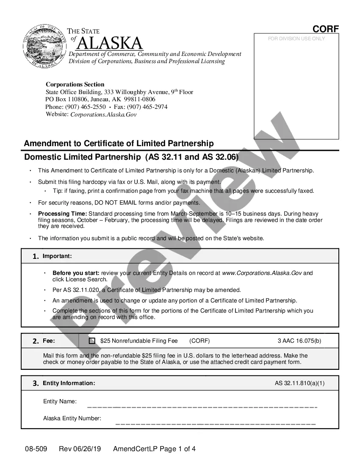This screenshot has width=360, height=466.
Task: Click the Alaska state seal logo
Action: tap(43, 46)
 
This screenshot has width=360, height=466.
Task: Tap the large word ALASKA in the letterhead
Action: tap(110, 43)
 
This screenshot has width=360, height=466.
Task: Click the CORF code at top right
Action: tap(326, 29)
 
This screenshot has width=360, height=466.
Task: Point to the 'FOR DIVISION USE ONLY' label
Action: tap(296, 39)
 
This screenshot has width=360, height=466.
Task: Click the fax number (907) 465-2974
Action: tap(147, 107)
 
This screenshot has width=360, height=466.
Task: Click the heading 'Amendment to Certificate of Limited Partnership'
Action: tap(119, 143)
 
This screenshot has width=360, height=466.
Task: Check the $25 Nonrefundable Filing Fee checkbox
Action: tap(92, 341)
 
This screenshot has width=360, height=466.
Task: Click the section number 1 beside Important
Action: tap(36, 256)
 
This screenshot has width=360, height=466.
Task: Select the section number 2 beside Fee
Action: tap(36, 341)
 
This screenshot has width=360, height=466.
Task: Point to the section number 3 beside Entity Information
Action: tap(36, 383)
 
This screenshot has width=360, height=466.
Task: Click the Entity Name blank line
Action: tap(202, 407)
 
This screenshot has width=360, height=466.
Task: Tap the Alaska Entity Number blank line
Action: tap(215, 423)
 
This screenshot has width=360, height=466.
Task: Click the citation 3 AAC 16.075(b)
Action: tap(299, 341)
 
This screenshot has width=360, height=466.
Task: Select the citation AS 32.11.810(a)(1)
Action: tap(300, 383)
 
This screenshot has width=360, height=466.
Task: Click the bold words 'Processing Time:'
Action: tap(63, 214)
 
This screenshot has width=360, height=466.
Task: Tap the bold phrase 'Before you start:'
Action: tap(76, 273)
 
